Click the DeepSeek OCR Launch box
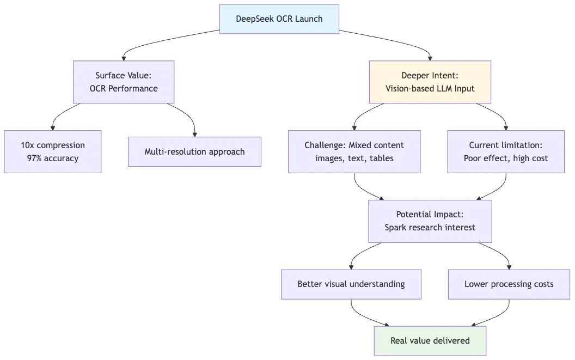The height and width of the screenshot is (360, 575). coord(279,19)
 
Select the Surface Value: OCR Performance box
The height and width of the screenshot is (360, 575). coord(124,82)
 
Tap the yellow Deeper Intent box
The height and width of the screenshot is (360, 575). coord(430,82)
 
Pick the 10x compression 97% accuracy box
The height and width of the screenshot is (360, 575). coord(53,151)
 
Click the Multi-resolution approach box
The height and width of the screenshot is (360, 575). coord(194,151)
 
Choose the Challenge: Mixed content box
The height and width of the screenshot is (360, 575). coord(354,151)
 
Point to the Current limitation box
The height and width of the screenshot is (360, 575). coord(505,151)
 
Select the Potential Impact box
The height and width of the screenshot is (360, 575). coord(430,221)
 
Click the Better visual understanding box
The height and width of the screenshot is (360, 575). coord(351,284)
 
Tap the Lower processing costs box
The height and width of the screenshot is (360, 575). coord(509,284)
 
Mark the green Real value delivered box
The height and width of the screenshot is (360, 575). coord(430,340)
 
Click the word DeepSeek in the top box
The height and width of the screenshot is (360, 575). coord(254,19)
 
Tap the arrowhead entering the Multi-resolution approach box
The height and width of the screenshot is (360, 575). coord(194,134)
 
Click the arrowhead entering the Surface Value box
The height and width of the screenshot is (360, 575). coord(124,58)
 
